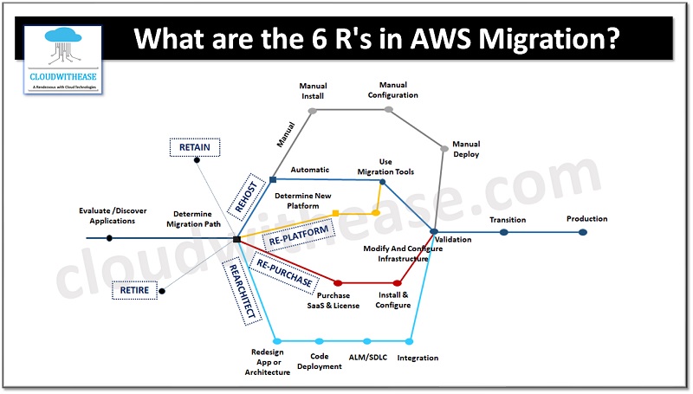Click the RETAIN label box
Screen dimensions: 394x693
coord(195,148)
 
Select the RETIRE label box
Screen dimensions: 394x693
coord(134,290)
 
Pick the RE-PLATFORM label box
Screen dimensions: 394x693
coord(298,233)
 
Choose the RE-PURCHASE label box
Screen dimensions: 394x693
coord(283,269)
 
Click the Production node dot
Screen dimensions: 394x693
coord(583,232)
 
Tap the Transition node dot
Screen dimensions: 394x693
coord(503,232)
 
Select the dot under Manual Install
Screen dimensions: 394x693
coord(313,111)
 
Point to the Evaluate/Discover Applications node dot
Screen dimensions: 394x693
coord(109,238)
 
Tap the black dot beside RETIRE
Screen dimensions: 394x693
coord(162,291)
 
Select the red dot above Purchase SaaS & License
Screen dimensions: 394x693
coord(338,283)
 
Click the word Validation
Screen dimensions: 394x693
coord(453,238)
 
